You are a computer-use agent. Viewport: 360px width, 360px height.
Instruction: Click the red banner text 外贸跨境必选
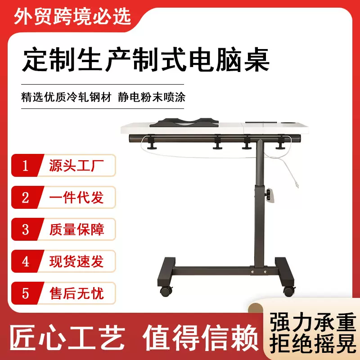tap(72, 17)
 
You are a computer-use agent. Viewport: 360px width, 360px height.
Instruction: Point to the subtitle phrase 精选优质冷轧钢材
tap(66, 96)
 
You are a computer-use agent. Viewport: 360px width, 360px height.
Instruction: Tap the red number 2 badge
tap(26, 198)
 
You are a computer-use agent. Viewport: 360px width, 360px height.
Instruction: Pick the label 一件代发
tap(76, 198)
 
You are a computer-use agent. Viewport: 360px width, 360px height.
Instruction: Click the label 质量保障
tap(76, 229)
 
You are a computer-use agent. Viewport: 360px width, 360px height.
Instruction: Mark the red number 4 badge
tap(26, 261)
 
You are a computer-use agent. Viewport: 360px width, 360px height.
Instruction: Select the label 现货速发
tap(76, 261)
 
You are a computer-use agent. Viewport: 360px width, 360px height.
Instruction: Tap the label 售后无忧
tap(76, 294)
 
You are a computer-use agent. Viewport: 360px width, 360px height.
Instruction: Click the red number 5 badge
tap(26, 294)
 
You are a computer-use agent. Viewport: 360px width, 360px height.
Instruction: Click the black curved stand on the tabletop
tap(183, 122)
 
